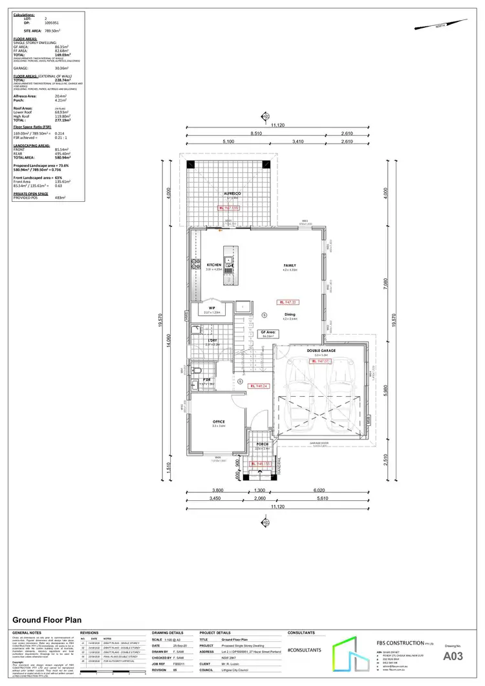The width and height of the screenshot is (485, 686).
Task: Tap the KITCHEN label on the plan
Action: (214, 265)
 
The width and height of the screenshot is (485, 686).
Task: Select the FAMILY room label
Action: (289, 265)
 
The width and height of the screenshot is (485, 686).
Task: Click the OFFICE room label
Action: (219, 421)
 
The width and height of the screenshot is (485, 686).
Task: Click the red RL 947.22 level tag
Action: (288, 302)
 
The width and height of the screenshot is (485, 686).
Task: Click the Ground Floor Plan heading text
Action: (41, 619)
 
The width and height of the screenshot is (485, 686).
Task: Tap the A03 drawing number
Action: (453, 656)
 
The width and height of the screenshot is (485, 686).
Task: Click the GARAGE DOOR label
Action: (319, 444)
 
